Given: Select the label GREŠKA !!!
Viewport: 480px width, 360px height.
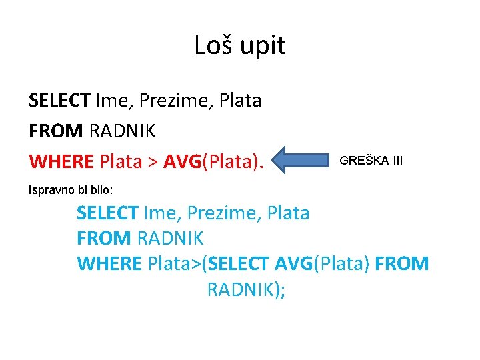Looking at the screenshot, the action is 371,161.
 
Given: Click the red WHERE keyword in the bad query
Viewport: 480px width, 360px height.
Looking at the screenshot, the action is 61,161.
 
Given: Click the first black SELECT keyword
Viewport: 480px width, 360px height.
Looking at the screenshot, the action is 59,101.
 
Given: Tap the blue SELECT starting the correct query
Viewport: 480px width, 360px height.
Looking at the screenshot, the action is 107,213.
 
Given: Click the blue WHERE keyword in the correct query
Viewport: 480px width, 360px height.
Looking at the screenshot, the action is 109,264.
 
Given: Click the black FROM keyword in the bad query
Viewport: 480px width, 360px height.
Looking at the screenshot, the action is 55,131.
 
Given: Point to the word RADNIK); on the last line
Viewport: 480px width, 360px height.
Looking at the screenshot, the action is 246,290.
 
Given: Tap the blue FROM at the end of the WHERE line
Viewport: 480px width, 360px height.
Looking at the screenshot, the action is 402,264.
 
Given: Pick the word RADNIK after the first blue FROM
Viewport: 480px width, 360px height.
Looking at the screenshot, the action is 170,238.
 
